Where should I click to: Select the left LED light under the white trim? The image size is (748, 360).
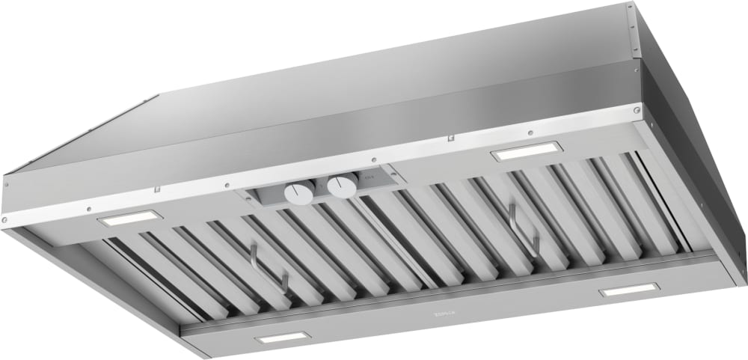coord(131,219)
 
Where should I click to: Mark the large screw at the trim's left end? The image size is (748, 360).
coord(6,219)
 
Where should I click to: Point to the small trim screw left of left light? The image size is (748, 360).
coord(88,210)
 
